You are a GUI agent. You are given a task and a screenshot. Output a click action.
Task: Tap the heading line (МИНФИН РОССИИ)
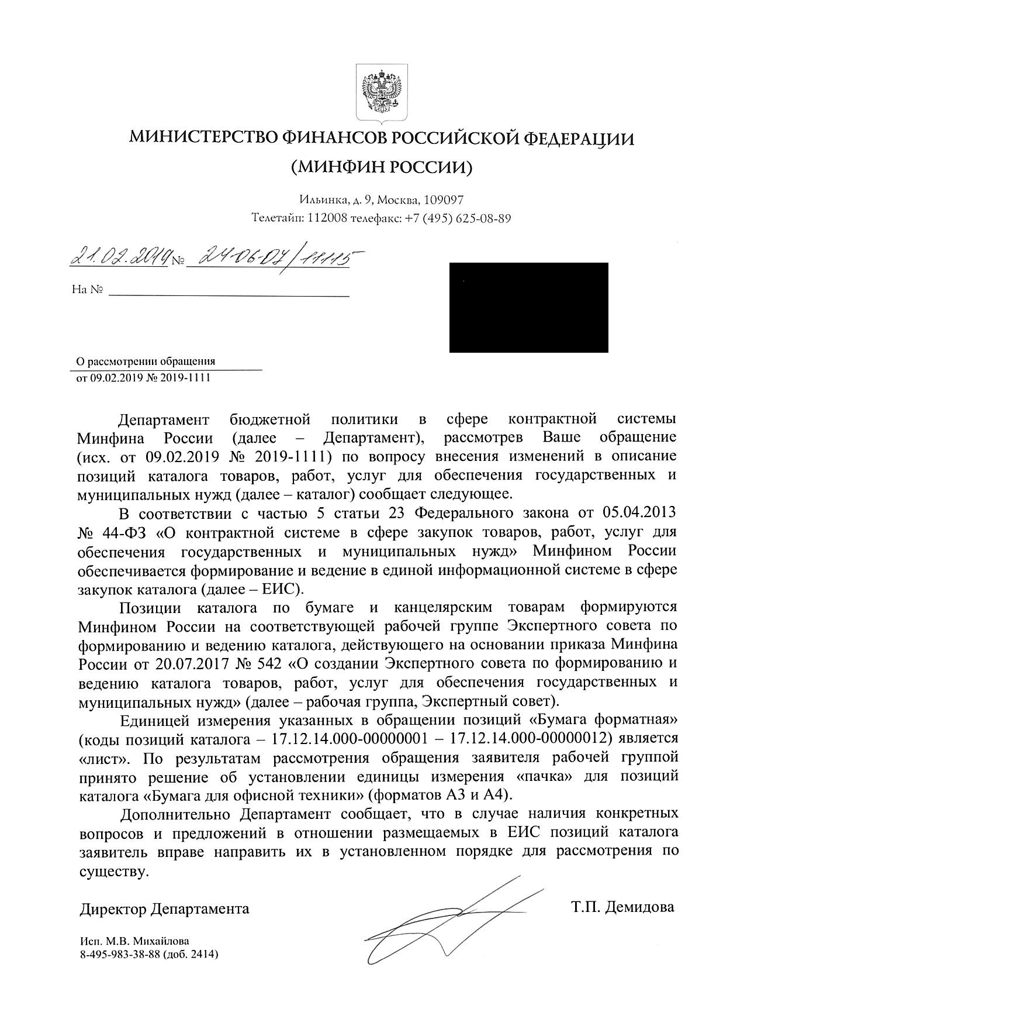pos(381,168)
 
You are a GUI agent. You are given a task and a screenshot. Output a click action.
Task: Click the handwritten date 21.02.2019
pos(120,257)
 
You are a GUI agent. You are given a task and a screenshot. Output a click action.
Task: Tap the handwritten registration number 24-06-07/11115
pos(274,256)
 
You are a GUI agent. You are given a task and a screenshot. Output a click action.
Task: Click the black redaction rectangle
pos(528,308)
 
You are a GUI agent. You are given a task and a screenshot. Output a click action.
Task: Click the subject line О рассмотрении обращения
pos(147,361)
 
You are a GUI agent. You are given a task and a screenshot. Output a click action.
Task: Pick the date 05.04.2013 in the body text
pos(638,513)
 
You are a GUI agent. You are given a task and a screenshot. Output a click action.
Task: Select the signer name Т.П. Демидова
pos(622,907)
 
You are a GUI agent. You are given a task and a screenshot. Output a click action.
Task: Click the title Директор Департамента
pos(164,908)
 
